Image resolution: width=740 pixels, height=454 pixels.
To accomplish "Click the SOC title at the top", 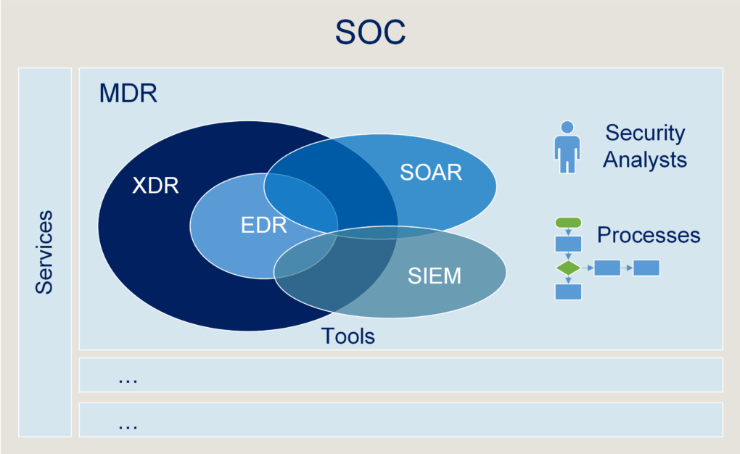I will click(x=370, y=33).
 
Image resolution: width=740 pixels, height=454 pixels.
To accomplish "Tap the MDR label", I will click(x=128, y=94).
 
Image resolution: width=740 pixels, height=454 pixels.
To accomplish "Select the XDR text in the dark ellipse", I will click(x=155, y=186).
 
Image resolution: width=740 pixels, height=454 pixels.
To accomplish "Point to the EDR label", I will click(x=264, y=225).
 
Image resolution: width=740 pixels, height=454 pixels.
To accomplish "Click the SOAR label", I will click(x=431, y=173).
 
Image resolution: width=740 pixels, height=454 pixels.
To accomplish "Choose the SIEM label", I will click(x=434, y=276).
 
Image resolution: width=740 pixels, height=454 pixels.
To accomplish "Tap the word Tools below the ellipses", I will click(x=348, y=337).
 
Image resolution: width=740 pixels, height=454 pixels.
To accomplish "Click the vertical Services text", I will click(x=45, y=252).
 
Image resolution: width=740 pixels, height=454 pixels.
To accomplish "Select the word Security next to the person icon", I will click(x=645, y=133).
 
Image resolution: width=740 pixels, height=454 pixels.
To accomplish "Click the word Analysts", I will click(x=645, y=160).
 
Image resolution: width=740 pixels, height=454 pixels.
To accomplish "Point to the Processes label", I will click(x=649, y=235).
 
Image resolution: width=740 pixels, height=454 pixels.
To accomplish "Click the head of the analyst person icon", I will click(x=567, y=128).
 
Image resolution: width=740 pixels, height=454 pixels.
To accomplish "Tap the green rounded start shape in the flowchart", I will click(x=568, y=223).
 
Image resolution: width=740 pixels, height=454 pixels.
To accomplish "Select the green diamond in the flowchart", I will click(x=568, y=268).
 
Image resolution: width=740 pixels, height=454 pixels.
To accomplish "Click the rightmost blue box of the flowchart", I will click(x=646, y=268).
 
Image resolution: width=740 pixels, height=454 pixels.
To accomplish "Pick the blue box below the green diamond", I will click(x=568, y=292).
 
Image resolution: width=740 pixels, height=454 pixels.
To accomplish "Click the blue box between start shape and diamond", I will click(x=568, y=244).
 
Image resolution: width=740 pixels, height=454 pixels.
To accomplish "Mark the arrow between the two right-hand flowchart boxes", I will click(x=627, y=268).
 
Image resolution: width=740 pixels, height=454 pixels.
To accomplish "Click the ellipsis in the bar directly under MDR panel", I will click(x=128, y=379).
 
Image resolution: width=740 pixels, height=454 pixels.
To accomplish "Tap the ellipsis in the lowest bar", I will click(x=128, y=425).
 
